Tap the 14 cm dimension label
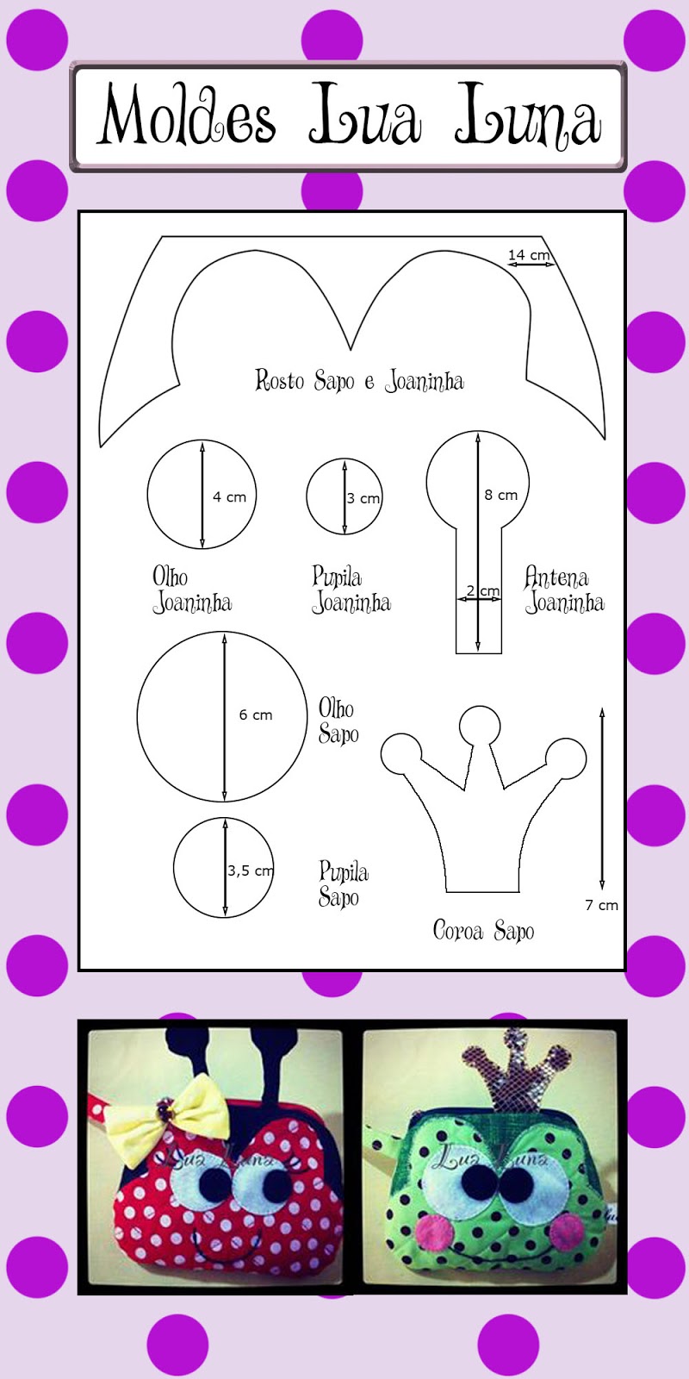tap(528, 255)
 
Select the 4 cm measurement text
tap(229, 497)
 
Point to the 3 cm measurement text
tap(363, 498)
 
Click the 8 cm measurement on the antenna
tap(500, 495)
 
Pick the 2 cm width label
tap(482, 590)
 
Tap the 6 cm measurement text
tap(256, 715)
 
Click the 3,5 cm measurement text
tap(250, 870)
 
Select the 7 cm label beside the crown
tap(601, 905)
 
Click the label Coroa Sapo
tap(483, 931)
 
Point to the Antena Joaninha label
tap(564, 590)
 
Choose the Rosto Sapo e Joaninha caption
tap(359, 381)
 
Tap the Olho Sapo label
tap(338, 721)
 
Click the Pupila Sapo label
tap(343, 884)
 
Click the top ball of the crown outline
tap(480, 725)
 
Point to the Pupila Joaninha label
tap(351, 590)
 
